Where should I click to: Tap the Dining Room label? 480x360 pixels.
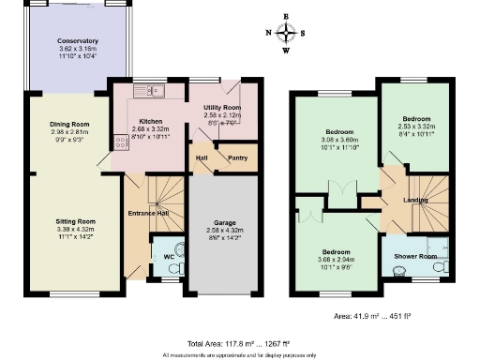pyautogui.click(x=69, y=125)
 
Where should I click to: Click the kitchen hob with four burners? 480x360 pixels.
pyautogui.click(x=121, y=142)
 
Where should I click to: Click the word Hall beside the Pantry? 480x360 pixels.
pyautogui.click(x=201, y=158)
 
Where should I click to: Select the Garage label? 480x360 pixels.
pyautogui.click(x=223, y=222)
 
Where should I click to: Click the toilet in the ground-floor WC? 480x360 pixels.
pyautogui.click(x=170, y=265)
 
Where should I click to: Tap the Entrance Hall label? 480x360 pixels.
pyautogui.click(x=148, y=213)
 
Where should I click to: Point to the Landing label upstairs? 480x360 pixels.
pyautogui.click(x=414, y=198)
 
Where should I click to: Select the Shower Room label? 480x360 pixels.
pyautogui.click(x=414, y=256)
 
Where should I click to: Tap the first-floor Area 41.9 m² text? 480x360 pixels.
pyautogui.click(x=384, y=317)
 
